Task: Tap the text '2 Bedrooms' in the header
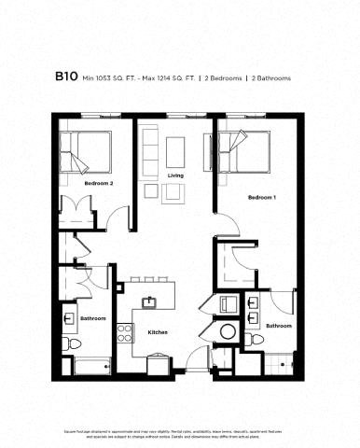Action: (x=224, y=78)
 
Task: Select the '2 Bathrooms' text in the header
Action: (x=270, y=78)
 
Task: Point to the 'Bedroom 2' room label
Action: (x=98, y=184)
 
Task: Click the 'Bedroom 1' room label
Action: (x=262, y=198)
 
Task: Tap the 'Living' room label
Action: (x=174, y=175)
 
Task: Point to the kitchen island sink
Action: (x=148, y=302)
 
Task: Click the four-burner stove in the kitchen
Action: (x=125, y=332)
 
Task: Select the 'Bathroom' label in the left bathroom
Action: (x=92, y=319)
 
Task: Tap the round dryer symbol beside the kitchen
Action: (x=227, y=333)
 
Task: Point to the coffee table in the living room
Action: (x=171, y=192)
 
